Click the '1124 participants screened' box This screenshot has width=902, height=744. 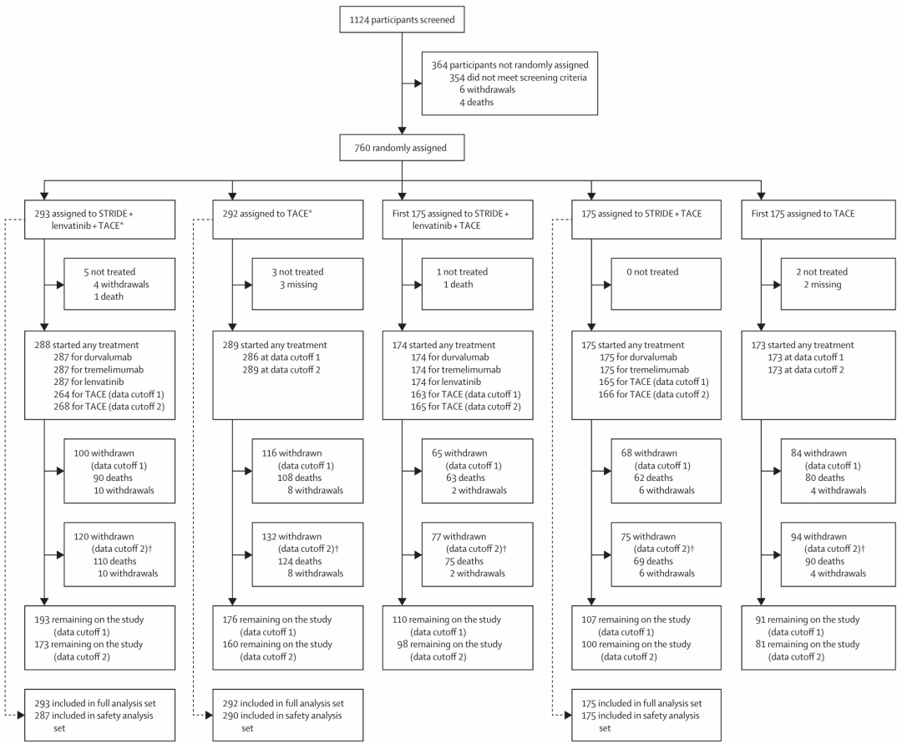click(402, 19)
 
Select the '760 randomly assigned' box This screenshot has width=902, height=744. click(402, 148)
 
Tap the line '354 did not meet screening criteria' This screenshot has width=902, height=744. click(518, 78)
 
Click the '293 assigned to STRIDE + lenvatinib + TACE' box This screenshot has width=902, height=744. click(99, 220)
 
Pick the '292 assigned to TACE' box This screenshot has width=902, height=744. click(287, 220)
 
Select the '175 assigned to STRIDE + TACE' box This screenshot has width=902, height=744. click(646, 220)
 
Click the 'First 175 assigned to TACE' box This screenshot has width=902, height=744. click(818, 220)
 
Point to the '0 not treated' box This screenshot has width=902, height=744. click(666, 284)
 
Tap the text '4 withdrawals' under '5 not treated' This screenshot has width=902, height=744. click(121, 285)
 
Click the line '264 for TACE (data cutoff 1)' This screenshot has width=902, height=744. click(109, 394)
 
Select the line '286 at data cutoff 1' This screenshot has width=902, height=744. click(281, 357)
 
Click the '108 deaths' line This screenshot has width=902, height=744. click(299, 478)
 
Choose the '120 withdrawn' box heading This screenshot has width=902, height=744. click(104, 536)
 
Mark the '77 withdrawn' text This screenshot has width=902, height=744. click(459, 536)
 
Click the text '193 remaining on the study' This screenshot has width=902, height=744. click(89, 620)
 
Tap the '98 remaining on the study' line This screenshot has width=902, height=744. click(449, 645)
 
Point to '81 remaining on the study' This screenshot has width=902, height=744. click(807, 645)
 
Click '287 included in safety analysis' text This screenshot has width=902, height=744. click(94, 716)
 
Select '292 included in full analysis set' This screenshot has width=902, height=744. click(283, 704)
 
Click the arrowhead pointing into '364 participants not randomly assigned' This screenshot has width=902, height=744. click(418, 84)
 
